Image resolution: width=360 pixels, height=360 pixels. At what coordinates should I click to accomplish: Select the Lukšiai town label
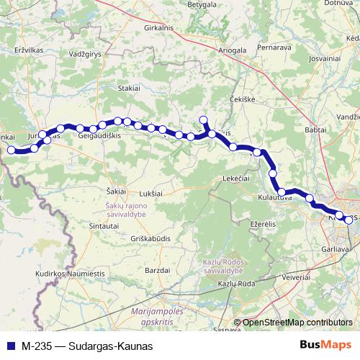[x=150, y=193]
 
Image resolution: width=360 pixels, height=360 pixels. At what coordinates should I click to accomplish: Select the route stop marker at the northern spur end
[x=203, y=120]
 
